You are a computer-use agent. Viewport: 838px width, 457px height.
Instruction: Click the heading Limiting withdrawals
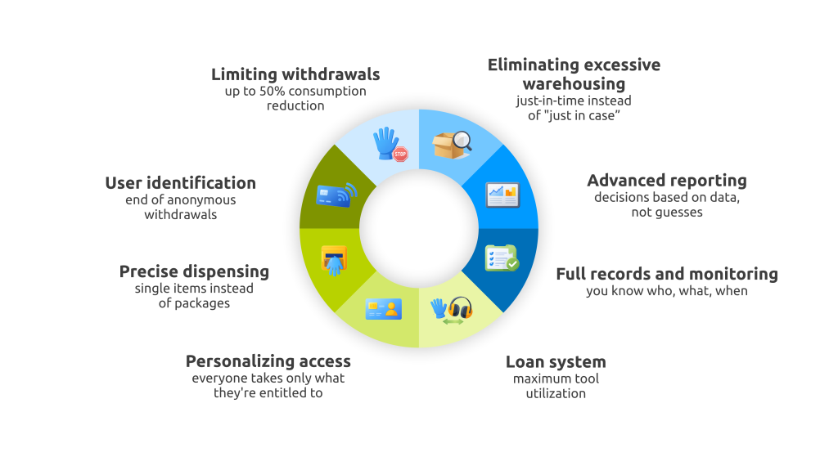tap(295, 74)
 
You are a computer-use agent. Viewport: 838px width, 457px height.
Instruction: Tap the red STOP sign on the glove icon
tap(400, 154)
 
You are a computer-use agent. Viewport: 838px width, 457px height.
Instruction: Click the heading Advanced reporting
tap(667, 181)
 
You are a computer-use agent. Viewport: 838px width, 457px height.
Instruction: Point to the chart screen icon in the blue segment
tap(502, 195)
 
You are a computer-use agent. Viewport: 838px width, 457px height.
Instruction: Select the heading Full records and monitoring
tap(667, 274)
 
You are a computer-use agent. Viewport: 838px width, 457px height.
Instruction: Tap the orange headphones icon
tap(460, 310)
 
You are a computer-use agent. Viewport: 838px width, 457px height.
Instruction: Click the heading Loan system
tap(556, 361)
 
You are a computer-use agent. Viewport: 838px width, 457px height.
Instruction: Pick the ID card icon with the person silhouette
tap(383, 309)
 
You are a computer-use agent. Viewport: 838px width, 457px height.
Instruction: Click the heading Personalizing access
tap(268, 361)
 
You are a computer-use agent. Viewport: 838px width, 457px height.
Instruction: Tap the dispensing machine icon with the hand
tap(334, 259)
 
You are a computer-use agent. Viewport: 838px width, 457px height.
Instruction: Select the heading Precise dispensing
tap(194, 271)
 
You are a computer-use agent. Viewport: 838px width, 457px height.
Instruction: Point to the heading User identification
tap(181, 183)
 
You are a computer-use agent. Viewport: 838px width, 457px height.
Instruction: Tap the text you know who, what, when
tap(667, 291)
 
